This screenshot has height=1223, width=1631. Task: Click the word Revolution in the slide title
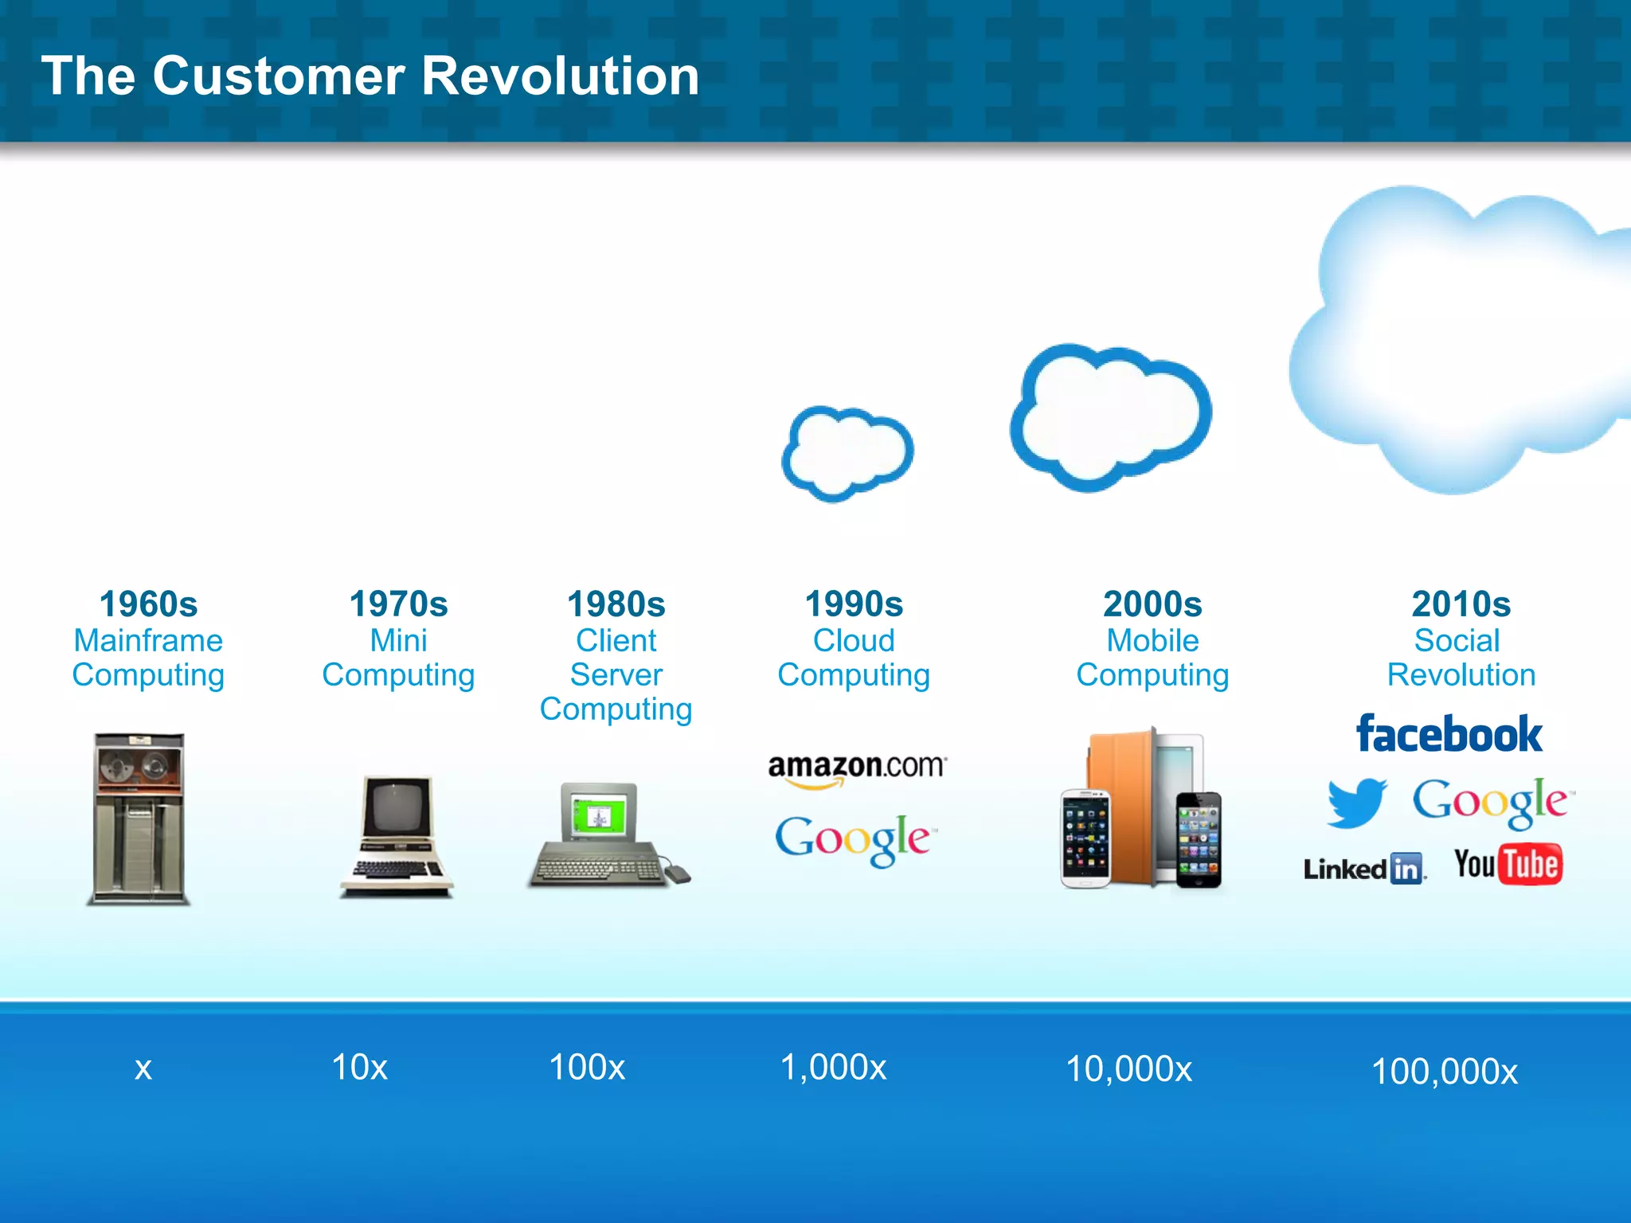pos(559,76)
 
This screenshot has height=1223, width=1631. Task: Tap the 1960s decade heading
pos(148,604)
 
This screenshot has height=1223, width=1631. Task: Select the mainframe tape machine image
pos(139,819)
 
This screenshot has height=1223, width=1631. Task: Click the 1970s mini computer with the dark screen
pos(397,836)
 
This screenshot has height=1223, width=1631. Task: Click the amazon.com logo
pos(856,768)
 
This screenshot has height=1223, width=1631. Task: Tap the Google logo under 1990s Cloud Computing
pos(854,839)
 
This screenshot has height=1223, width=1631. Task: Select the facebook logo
pos(1449,734)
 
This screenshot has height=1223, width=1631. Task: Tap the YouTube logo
pos(1507,865)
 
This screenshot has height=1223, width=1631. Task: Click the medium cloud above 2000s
pos(1110,417)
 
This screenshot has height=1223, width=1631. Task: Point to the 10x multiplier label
pos(359,1067)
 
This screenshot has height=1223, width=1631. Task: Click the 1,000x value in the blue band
pos(833,1067)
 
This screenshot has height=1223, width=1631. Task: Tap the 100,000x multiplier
pos(1444,1072)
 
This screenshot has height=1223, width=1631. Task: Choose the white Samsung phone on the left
pos(1085,838)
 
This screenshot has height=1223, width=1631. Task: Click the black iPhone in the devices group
pos(1199,839)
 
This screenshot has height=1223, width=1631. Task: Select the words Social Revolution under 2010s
pos(1461,658)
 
